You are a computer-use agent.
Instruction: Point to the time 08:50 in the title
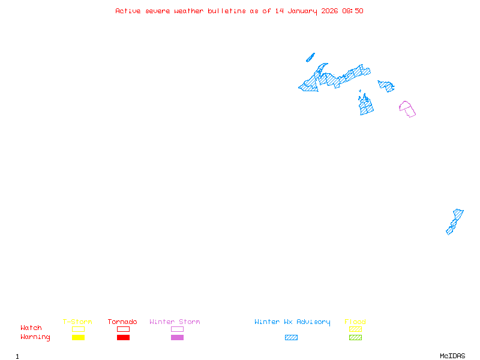tap(352, 11)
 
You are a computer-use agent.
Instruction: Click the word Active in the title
tap(128, 11)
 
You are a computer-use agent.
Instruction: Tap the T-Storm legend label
tap(77, 322)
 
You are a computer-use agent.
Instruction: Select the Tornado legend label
tap(122, 322)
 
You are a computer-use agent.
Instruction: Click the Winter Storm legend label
tap(175, 322)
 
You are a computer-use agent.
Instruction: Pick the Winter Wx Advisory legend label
tap(292, 322)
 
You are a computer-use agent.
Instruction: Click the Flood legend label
tap(355, 322)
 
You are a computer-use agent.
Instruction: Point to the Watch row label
tap(31, 328)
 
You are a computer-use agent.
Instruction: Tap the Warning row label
tap(35, 337)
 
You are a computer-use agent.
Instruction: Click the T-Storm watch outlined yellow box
tap(78, 329)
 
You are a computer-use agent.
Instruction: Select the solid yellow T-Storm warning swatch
tap(78, 338)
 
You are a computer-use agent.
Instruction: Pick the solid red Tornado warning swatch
tap(123, 338)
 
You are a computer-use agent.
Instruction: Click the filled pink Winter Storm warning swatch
tap(177, 338)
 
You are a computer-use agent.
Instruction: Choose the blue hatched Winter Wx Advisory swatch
tap(291, 338)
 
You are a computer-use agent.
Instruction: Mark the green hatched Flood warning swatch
tap(355, 338)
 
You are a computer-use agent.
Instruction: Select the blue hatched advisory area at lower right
tap(454, 221)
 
